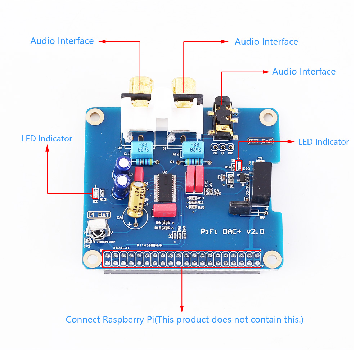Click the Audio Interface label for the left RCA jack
[x=62, y=41]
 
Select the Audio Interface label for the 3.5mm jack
[x=303, y=72]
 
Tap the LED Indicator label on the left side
[x=47, y=139]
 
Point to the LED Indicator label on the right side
[x=323, y=142]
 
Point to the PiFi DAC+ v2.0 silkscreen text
[x=232, y=231]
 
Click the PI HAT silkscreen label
[x=99, y=215]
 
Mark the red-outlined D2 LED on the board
[x=95, y=194]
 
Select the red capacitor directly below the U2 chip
[x=165, y=211]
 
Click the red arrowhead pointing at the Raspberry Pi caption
[x=182, y=309]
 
